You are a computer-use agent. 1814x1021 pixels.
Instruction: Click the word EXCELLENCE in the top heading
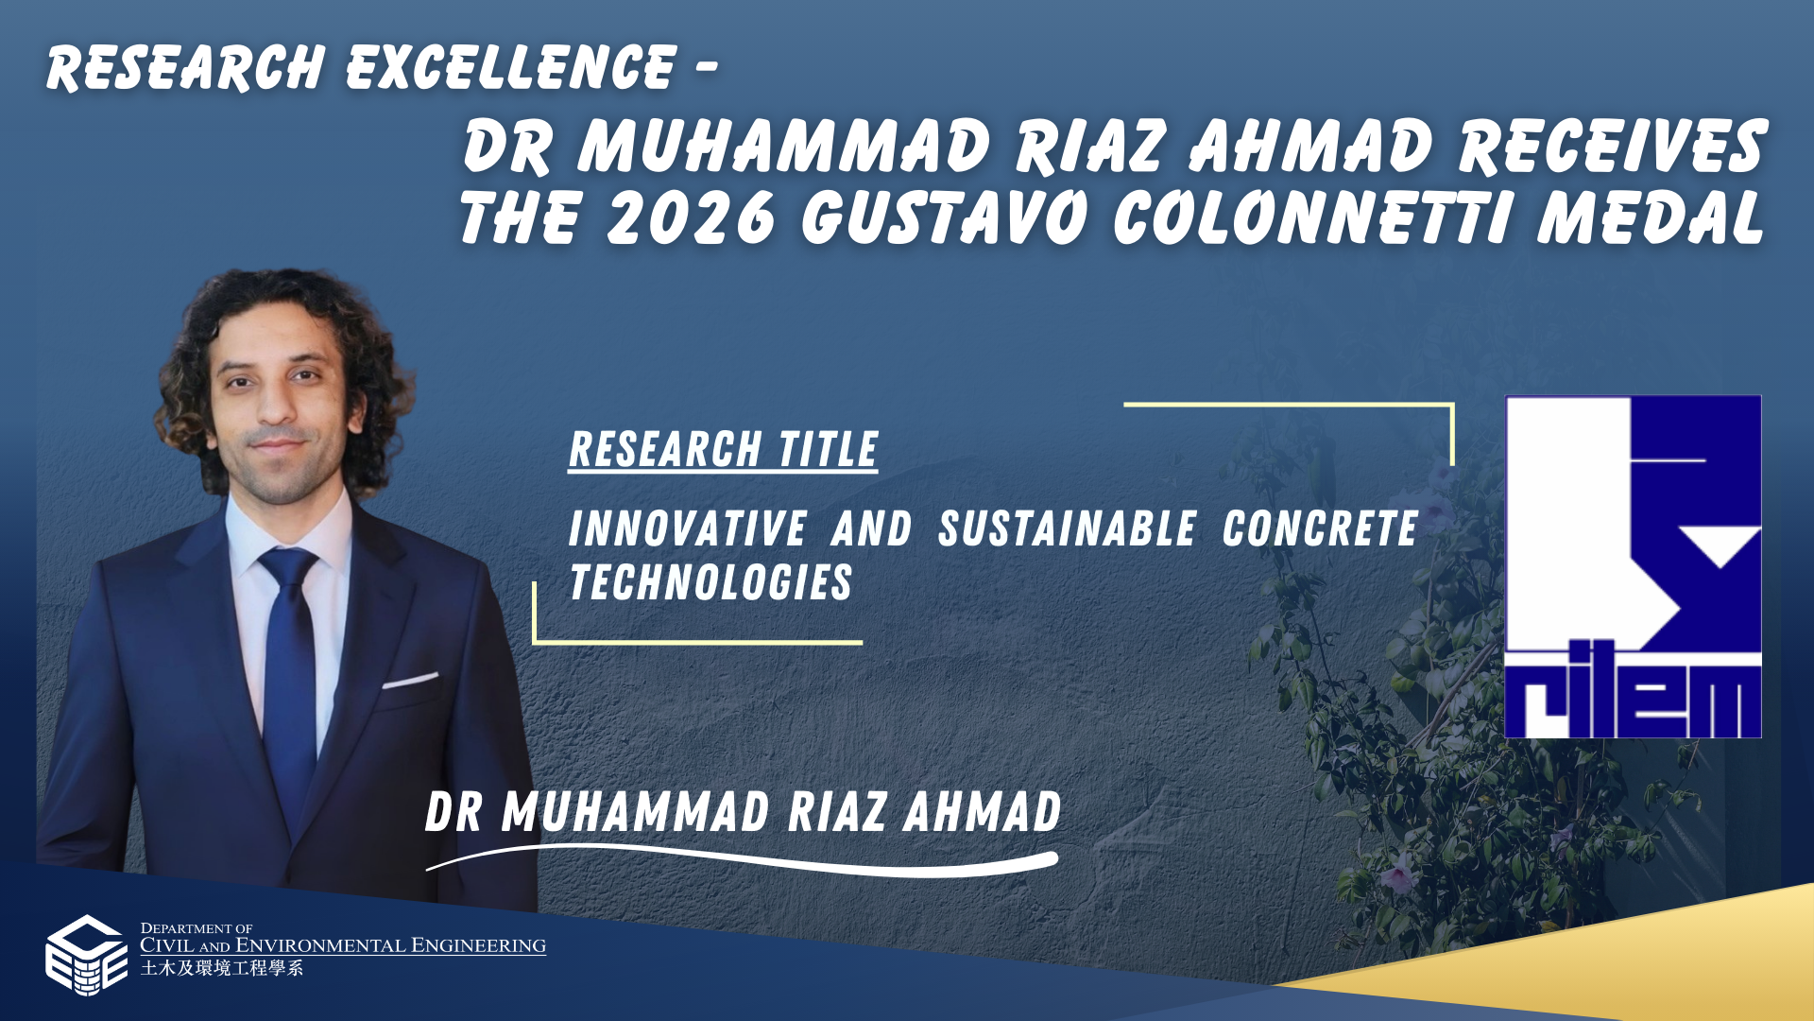coord(511,67)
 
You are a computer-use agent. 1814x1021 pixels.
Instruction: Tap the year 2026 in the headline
coord(692,217)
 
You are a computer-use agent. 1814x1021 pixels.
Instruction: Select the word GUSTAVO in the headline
coord(944,217)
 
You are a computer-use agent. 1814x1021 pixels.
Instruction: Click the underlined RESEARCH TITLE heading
coord(723,450)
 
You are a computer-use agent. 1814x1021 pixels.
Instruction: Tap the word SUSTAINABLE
coord(1067,528)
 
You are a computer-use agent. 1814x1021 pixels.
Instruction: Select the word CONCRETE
coord(1320,528)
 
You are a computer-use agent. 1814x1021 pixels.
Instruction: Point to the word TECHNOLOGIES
coord(710,582)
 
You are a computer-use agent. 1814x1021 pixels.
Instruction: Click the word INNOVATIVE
coord(688,528)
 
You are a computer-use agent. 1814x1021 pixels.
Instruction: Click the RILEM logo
coord(1633,566)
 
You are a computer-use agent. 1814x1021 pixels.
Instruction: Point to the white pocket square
coord(410,680)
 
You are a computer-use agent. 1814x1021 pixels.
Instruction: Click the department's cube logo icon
coord(86,955)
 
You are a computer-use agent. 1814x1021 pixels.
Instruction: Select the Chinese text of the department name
coord(222,968)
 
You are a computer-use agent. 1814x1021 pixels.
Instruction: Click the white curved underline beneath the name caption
coord(742,859)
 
